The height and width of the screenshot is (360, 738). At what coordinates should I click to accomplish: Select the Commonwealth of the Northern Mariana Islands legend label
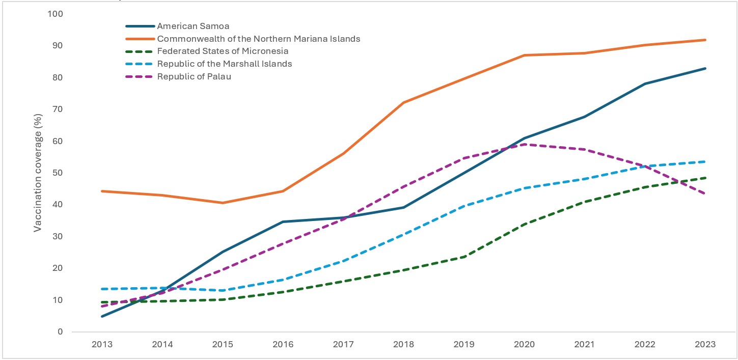point(259,39)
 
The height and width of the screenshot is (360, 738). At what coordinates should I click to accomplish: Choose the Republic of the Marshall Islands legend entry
point(225,64)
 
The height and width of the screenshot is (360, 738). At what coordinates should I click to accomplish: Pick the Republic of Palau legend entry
point(194,76)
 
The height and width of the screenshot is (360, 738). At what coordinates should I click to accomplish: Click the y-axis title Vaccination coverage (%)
point(38,173)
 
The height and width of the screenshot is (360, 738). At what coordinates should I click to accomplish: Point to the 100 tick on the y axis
point(54,14)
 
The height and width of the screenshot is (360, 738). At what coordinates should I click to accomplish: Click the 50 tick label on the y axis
point(57,173)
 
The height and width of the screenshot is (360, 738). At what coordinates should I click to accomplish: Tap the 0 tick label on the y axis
point(60,331)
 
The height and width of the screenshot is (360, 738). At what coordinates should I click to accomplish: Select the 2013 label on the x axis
point(102,344)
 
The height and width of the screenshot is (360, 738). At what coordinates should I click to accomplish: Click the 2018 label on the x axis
point(403,344)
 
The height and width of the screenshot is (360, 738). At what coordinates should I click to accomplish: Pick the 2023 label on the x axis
point(705,344)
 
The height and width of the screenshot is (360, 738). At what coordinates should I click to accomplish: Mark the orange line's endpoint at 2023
point(705,40)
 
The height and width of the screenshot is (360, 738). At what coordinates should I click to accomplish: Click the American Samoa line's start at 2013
point(102,316)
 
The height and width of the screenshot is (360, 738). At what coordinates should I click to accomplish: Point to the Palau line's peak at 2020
point(524,144)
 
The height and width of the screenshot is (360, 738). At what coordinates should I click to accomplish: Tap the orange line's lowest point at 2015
point(223,203)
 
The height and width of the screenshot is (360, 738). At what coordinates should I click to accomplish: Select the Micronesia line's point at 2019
point(464,257)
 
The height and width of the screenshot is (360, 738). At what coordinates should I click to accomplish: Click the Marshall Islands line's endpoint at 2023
point(705,161)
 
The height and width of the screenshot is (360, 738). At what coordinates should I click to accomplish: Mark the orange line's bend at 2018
point(403,103)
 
